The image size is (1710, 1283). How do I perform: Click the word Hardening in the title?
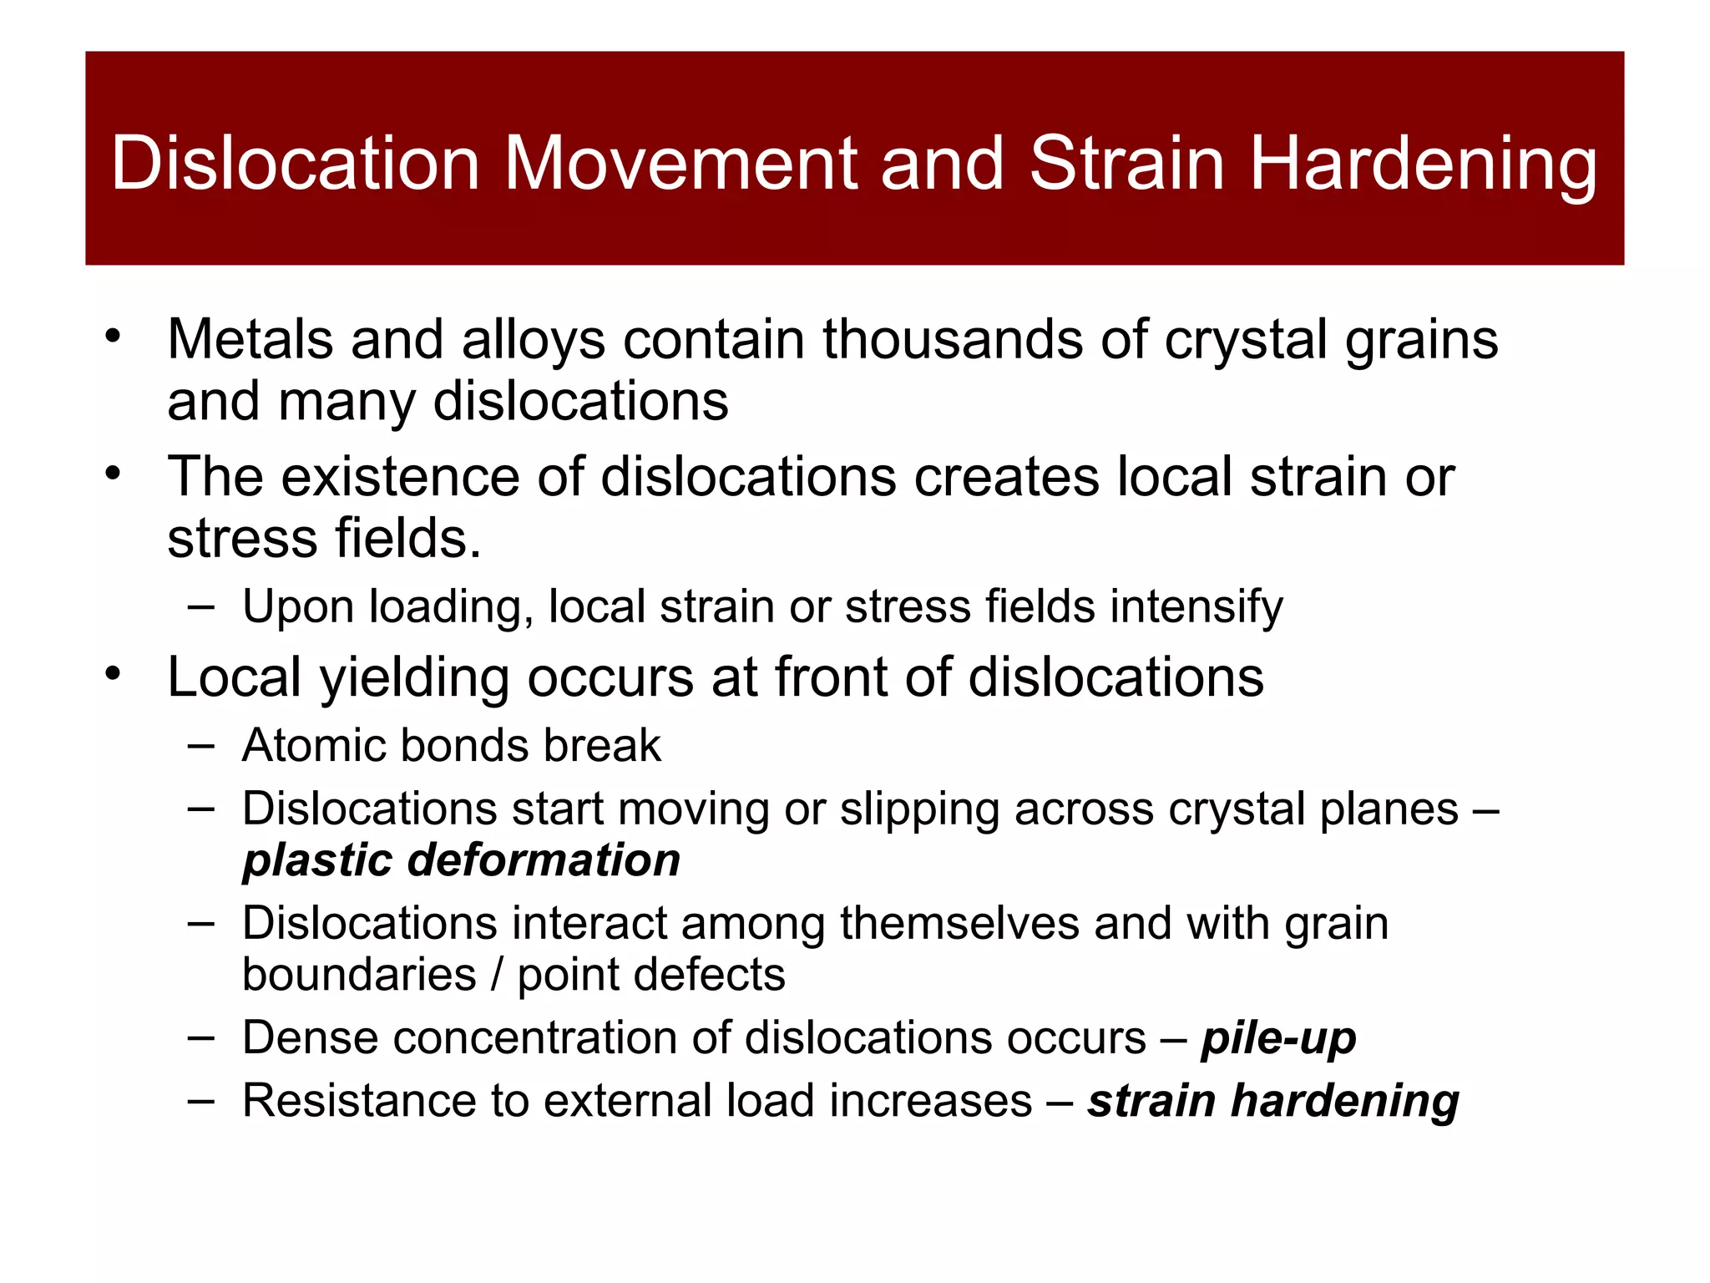[x=1423, y=164]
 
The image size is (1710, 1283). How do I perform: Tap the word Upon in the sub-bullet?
[x=298, y=608]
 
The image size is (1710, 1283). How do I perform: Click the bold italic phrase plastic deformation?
[x=461, y=860]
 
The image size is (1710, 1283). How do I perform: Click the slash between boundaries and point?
[x=497, y=975]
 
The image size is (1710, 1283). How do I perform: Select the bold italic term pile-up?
[x=1278, y=1039]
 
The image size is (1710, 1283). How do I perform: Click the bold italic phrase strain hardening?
[x=1272, y=1101]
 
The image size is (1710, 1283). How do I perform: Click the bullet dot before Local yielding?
[x=114, y=672]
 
